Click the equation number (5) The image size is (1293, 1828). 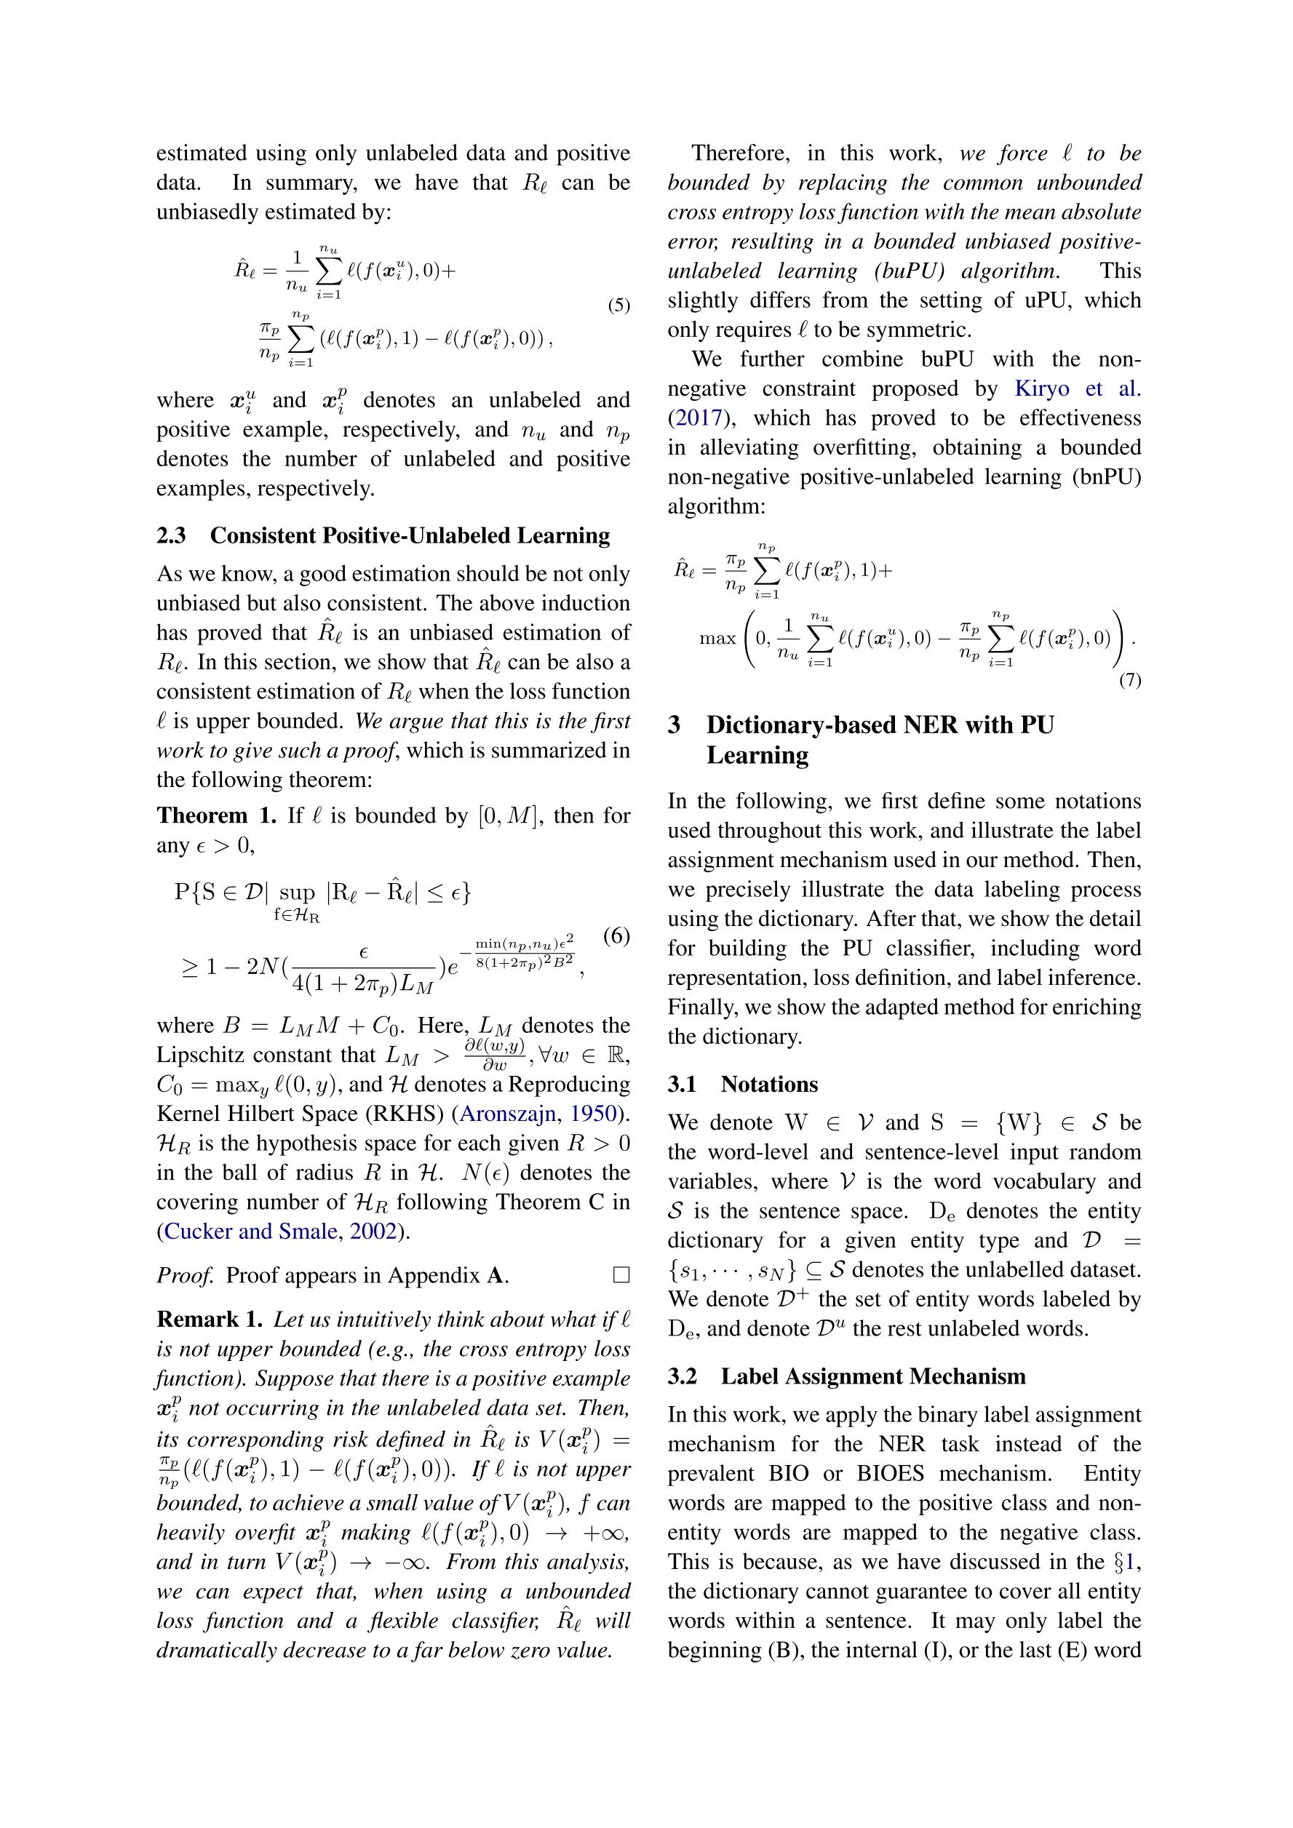click(x=618, y=306)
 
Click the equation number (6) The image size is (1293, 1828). click(x=616, y=935)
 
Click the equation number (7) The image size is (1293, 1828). click(x=1130, y=680)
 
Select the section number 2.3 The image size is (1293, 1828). click(x=171, y=535)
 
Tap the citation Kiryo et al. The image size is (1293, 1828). click(x=1077, y=388)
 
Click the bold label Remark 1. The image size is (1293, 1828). click(x=210, y=1320)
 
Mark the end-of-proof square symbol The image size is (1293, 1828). click(x=621, y=1275)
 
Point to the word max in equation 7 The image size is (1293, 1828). click(x=717, y=639)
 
